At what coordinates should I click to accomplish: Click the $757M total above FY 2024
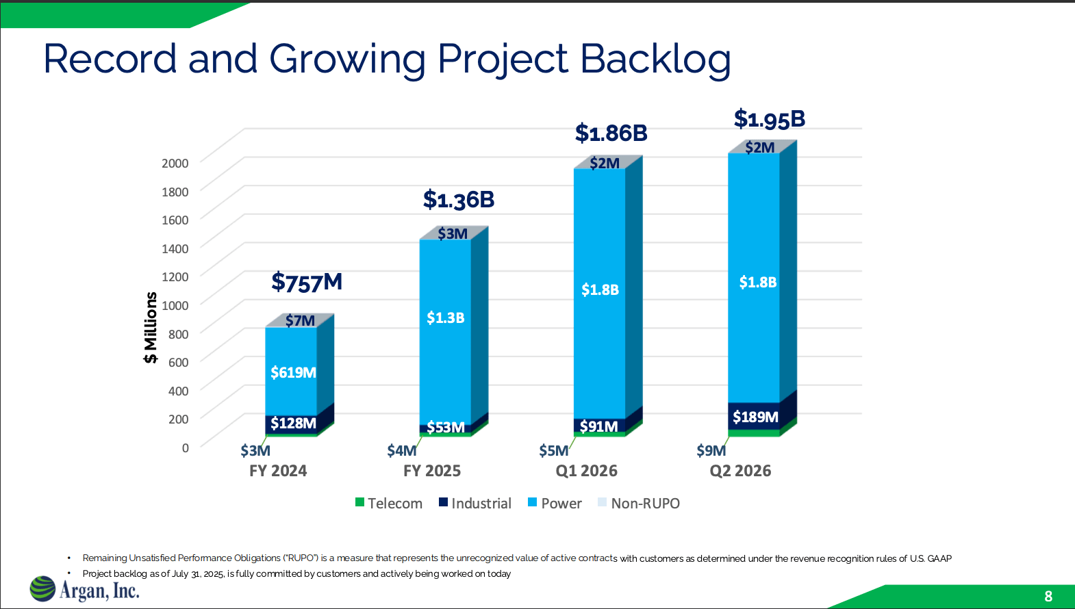point(307,282)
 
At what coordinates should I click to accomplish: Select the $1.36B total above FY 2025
point(458,200)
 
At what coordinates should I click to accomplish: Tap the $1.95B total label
point(769,119)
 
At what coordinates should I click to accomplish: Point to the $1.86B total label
point(611,133)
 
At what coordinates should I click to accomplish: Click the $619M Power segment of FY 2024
point(293,372)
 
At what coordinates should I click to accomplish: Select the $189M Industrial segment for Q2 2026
point(755,417)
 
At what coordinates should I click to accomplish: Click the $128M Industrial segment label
point(293,423)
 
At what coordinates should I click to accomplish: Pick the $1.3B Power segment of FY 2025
point(445,318)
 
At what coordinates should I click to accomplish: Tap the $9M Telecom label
point(711,450)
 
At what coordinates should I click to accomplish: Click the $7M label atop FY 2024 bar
point(300,320)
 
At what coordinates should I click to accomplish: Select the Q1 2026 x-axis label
point(586,471)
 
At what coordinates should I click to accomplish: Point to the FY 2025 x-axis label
point(431,471)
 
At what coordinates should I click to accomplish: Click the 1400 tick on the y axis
point(175,248)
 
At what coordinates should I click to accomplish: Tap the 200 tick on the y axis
point(178,419)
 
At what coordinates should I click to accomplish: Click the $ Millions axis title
point(151,327)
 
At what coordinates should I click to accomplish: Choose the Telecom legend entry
point(389,503)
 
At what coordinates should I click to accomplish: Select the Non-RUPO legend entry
point(638,503)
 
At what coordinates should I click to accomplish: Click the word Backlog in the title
point(655,59)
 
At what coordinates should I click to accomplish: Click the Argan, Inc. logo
point(85,589)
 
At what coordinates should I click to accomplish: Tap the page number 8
point(1048,596)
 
